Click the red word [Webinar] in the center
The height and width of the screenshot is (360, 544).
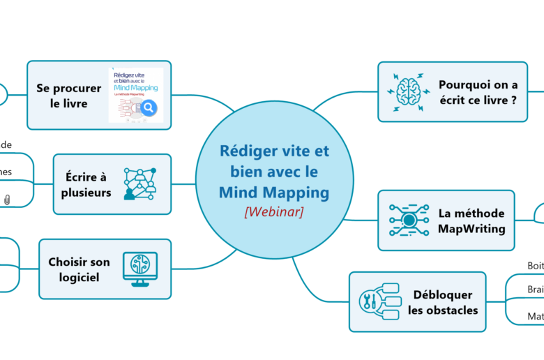click(x=273, y=211)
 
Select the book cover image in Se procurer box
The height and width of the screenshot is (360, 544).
click(x=136, y=95)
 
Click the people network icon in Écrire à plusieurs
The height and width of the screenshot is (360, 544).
click(x=139, y=184)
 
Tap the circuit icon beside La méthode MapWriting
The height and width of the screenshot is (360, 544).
click(x=408, y=220)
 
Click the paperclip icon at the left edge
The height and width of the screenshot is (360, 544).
click(x=7, y=200)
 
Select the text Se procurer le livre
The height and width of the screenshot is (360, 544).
click(x=69, y=96)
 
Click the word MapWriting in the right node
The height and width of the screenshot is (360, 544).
click(x=472, y=228)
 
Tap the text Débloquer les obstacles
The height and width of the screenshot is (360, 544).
click(x=443, y=302)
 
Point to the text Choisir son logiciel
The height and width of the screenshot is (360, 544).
click(x=79, y=269)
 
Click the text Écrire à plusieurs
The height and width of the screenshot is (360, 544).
click(x=88, y=185)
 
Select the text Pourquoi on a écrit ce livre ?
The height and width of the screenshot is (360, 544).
click(x=478, y=92)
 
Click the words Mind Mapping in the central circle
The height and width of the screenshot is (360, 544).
click(x=273, y=192)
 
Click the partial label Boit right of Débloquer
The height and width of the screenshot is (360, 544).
click(x=535, y=266)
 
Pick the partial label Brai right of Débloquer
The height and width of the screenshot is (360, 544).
click(x=535, y=290)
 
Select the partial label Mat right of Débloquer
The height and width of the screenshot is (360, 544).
click(x=535, y=316)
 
